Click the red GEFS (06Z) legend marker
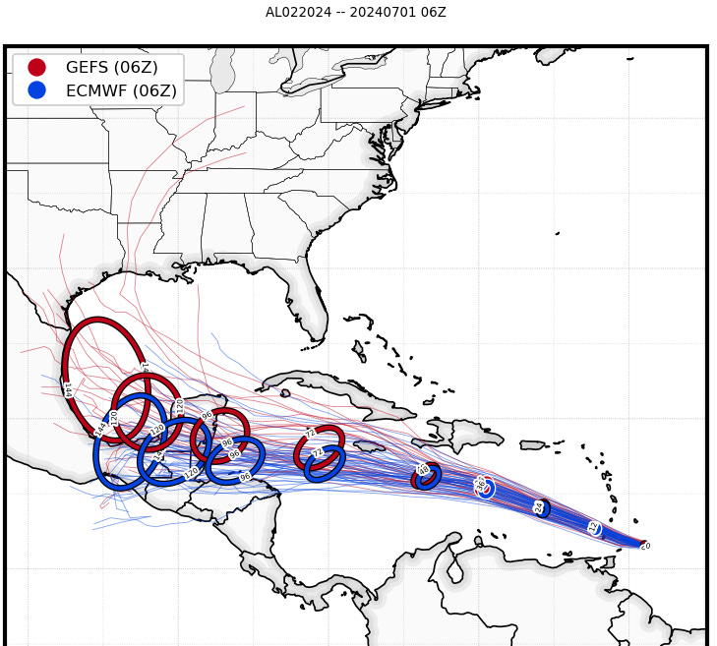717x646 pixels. point(36,67)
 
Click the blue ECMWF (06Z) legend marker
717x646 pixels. point(36,90)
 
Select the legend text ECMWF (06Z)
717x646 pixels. point(121,90)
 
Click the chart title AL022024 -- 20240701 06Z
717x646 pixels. point(355,12)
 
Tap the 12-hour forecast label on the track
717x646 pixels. point(593,528)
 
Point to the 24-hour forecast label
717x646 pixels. point(539,507)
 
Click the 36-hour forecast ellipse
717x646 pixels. point(483,486)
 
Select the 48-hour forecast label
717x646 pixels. point(424,470)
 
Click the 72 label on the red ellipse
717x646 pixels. point(311,434)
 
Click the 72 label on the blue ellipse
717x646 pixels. point(318,453)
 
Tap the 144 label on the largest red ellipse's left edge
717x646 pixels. point(67,389)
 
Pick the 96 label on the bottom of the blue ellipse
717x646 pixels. point(245,477)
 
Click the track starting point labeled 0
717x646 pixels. point(645,545)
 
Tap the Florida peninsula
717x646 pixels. point(308,295)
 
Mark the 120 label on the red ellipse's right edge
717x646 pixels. point(180,407)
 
